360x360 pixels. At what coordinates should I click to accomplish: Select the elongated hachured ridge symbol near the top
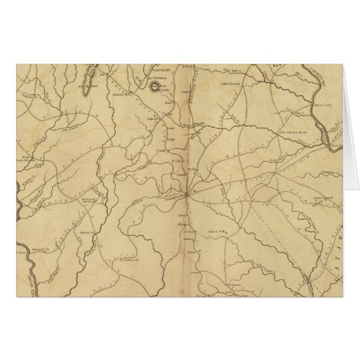(86, 77)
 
